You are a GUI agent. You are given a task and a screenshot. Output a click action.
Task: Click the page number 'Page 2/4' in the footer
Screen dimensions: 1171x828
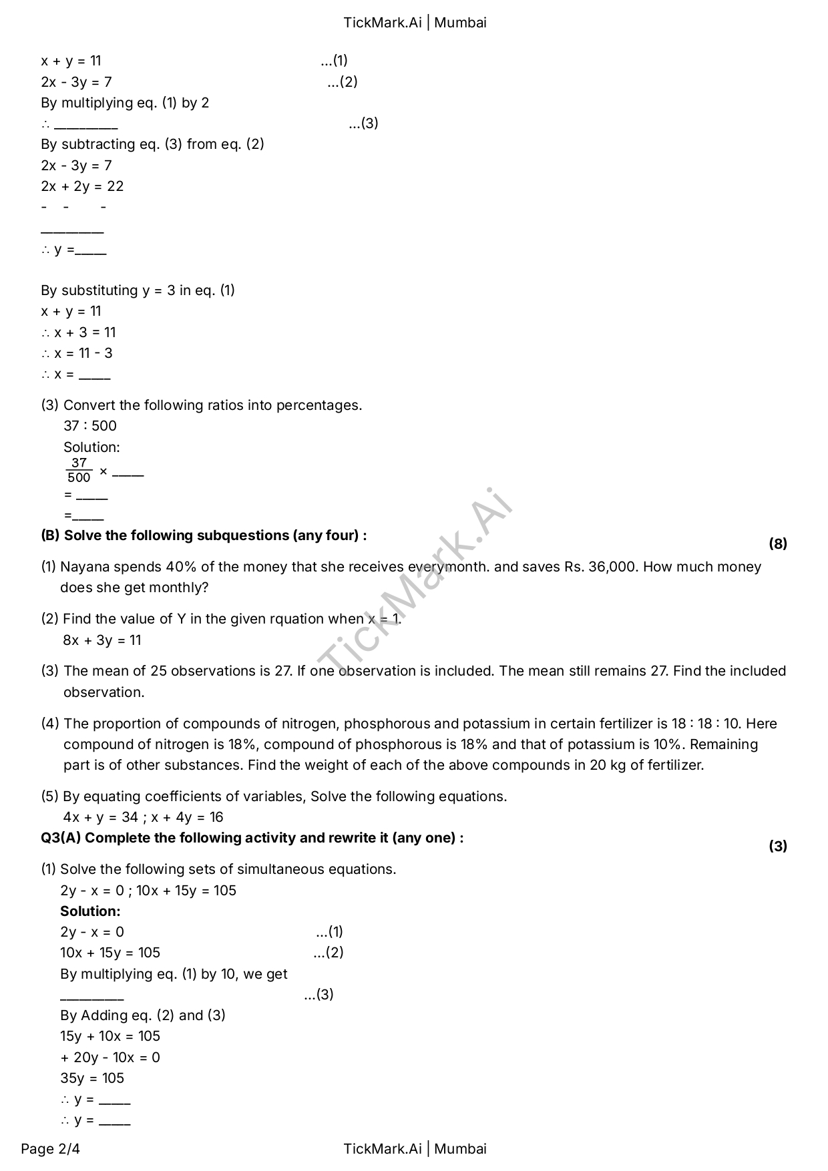coord(50,1148)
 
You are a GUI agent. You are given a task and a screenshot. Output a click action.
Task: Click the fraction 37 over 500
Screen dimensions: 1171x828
coord(79,471)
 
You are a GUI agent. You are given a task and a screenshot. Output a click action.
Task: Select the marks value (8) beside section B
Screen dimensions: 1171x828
coord(777,543)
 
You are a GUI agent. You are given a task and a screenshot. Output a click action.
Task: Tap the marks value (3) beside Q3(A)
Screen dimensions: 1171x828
coord(777,846)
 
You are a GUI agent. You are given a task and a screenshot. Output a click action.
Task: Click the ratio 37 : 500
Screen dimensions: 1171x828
coord(90,426)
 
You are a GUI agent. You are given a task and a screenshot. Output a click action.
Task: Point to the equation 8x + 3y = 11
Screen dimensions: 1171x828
coord(102,640)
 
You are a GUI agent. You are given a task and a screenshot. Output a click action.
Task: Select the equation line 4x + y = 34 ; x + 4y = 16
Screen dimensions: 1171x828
coord(143,817)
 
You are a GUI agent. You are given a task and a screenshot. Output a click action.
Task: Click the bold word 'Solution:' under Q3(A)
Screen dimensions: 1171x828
coord(90,911)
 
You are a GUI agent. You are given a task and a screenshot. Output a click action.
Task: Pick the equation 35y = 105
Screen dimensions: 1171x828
coord(92,1078)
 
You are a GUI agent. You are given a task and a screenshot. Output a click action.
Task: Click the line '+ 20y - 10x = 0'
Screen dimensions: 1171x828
coord(110,1058)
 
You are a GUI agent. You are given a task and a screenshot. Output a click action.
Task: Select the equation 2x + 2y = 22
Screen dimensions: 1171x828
coord(82,186)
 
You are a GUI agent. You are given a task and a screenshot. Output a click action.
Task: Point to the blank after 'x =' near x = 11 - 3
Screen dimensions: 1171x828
coord(94,376)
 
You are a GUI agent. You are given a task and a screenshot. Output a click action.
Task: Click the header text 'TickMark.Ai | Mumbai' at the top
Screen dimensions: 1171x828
coord(415,23)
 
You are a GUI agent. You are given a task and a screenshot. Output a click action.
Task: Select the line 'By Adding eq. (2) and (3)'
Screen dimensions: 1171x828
coord(143,1015)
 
